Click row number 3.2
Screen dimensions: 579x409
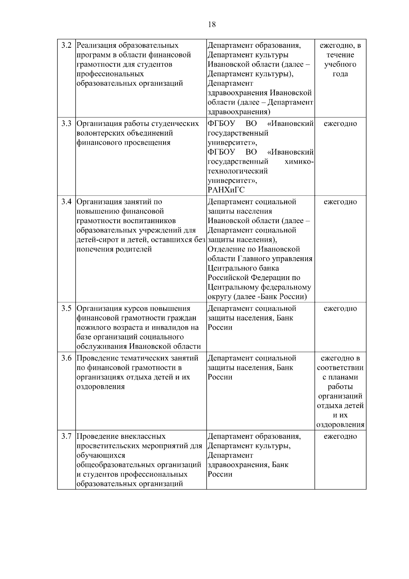[66, 45]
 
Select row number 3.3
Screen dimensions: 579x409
[66, 124]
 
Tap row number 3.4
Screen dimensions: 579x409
[66, 202]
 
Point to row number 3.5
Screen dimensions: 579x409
[66, 308]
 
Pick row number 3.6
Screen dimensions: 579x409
[66, 358]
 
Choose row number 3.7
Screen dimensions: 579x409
[66, 436]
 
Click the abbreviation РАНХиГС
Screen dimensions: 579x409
[226, 190]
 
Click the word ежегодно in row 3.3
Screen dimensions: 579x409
[340, 124]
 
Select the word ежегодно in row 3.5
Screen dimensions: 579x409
[340, 308]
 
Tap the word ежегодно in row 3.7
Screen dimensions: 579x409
[340, 436]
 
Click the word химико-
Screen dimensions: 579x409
[299, 161]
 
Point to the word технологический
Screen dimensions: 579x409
[238, 171]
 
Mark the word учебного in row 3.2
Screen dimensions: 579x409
[340, 64]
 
